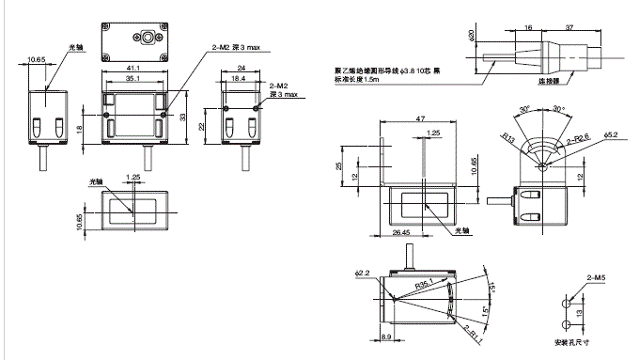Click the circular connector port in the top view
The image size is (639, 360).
[x=148, y=39]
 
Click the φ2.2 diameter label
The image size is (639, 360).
[x=364, y=274]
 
